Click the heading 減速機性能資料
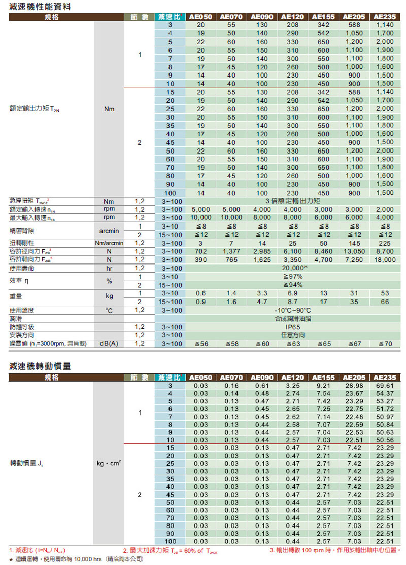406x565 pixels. coord(40,7)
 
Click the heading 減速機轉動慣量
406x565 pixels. coord(40,366)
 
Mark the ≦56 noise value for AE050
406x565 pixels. coord(201,344)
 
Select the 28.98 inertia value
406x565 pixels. coord(354,386)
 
